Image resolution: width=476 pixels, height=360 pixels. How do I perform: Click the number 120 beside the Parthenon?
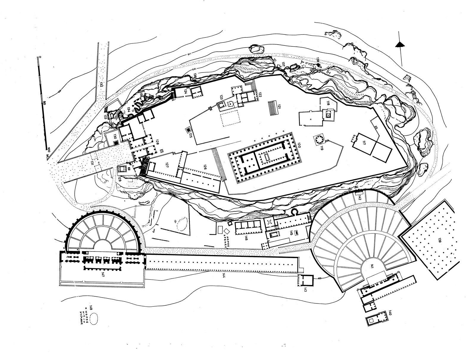[299, 145]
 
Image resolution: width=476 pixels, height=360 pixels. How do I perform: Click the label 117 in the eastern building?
[363, 142]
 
